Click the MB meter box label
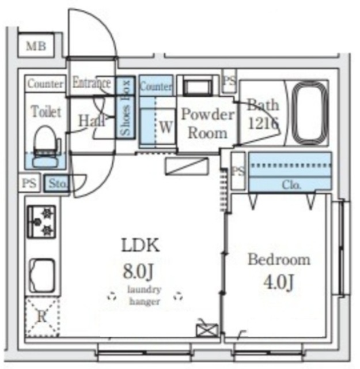[36, 46]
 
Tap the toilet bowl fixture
[46, 146]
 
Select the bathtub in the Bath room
[310, 112]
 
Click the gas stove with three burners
[42, 221]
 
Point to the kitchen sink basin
[42, 276]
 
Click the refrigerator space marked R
[42, 317]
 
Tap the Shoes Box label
[126, 108]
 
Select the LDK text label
[141, 245]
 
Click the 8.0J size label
[138, 271]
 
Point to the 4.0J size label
[279, 283]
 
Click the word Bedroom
[279, 259]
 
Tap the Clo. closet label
[291, 185]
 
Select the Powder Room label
[208, 123]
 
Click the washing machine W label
[166, 127]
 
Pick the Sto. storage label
[58, 183]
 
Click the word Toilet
[46, 111]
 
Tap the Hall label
[91, 121]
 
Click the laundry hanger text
[145, 295]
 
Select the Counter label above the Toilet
[46, 84]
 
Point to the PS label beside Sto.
[29, 183]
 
